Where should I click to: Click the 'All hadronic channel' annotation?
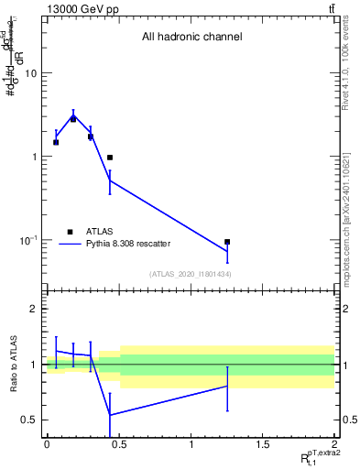[191, 38]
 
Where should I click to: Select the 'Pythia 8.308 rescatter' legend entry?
[127, 244]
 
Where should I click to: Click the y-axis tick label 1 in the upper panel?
[35, 157]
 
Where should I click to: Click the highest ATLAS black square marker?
[73, 119]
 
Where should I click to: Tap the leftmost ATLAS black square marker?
[56, 142]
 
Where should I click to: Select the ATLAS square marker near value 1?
[110, 158]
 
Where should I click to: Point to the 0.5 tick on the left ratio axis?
[29, 420]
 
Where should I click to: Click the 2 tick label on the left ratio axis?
[35, 309]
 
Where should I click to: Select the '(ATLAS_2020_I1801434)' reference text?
[190, 274]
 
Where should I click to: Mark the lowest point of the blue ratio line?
[110, 415]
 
